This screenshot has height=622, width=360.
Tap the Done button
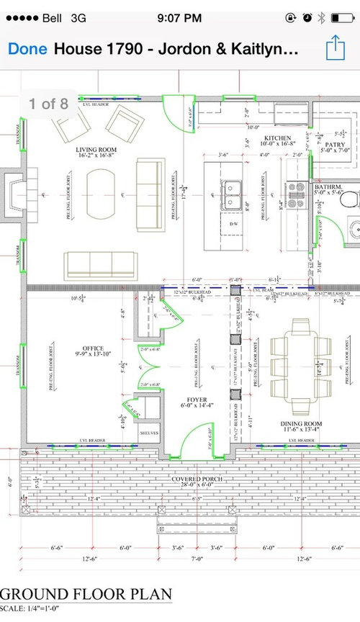(x=27, y=49)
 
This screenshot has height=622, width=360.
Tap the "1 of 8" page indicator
(x=49, y=104)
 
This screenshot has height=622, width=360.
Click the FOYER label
(x=197, y=400)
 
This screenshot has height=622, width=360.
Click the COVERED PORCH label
(x=197, y=479)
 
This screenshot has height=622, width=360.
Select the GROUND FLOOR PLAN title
(x=86, y=595)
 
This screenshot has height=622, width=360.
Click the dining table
(x=297, y=358)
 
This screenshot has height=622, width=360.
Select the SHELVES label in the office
(x=149, y=433)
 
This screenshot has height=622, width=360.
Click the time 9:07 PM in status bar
(x=180, y=17)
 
